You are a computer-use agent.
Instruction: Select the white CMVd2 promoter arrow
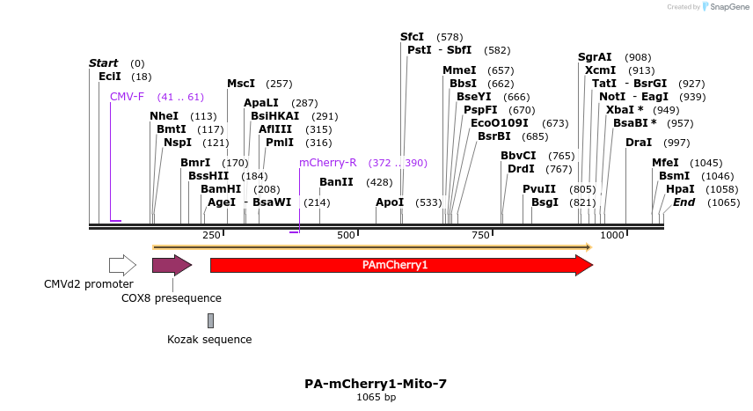click(122, 265)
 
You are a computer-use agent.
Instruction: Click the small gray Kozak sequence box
click(210, 320)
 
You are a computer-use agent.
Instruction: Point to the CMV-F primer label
click(127, 97)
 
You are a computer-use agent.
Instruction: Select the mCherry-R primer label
click(327, 163)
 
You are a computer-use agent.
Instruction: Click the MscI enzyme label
click(241, 84)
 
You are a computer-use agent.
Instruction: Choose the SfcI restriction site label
click(412, 37)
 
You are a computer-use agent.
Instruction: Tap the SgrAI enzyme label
click(595, 57)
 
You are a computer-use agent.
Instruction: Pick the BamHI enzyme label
click(220, 189)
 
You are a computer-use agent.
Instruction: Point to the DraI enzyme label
click(639, 143)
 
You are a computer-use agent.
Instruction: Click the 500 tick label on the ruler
click(346, 235)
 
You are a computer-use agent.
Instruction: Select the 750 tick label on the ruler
click(480, 235)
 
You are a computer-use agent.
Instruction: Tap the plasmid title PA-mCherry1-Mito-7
click(376, 384)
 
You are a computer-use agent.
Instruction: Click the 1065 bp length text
click(376, 398)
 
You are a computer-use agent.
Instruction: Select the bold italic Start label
click(104, 63)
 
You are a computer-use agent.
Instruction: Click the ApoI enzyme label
click(389, 202)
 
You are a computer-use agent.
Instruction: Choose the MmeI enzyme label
click(459, 70)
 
